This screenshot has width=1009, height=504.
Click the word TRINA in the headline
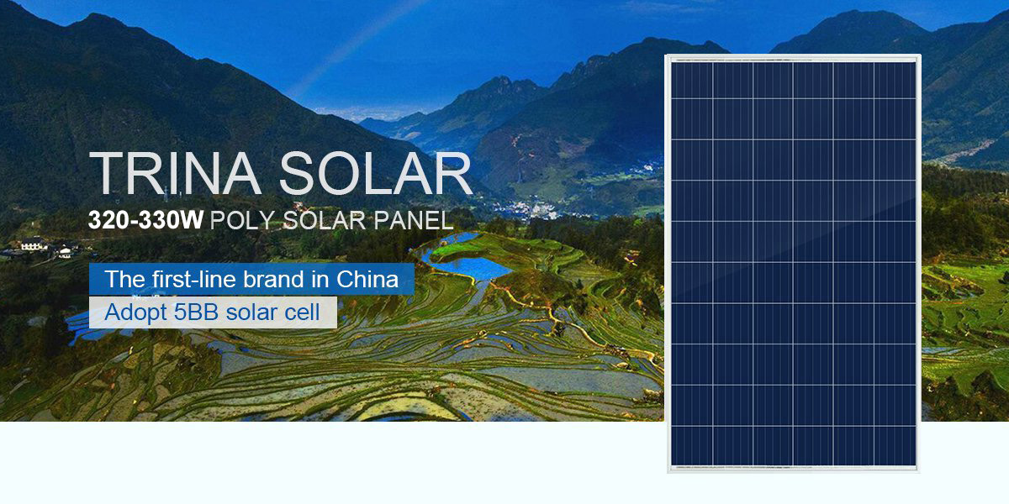175,173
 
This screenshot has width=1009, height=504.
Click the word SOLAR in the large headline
376,173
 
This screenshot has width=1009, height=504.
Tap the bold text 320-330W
145,220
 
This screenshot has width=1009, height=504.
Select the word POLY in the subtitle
242,221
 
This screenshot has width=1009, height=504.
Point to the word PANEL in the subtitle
414,220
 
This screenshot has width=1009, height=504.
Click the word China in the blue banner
367,279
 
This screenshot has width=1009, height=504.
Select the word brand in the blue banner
273,279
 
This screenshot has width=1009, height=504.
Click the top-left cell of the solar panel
692,81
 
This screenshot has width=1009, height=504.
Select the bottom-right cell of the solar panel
895,445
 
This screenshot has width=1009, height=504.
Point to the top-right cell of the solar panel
895,81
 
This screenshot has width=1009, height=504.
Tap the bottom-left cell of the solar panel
692,445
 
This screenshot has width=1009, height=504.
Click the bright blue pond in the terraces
468,266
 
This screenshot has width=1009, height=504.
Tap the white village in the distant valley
527,208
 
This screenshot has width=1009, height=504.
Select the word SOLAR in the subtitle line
325,220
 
